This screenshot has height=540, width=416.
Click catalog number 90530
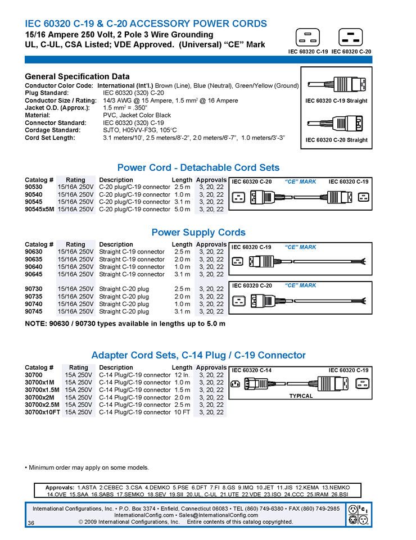tap(33, 187)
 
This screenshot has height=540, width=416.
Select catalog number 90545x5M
tap(39, 209)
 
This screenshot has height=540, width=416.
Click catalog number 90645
tap(33, 274)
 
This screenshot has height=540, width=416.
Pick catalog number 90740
tap(33, 304)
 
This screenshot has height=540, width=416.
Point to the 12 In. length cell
tap(182, 375)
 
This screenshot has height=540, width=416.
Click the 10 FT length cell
tap(182, 412)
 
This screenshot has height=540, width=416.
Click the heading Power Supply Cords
tap(198, 232)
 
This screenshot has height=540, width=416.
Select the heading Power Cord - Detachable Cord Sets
tap(198, 167)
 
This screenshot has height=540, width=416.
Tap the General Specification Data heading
tap(78, 76)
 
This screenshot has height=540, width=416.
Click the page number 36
tap(31, 523)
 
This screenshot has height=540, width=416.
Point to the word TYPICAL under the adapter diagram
tap(301, 396)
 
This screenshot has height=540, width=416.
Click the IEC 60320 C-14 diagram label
tap(252, 370)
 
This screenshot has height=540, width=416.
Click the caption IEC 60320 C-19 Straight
tap(336, 101)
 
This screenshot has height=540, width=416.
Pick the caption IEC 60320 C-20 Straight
tap(336, 140)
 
